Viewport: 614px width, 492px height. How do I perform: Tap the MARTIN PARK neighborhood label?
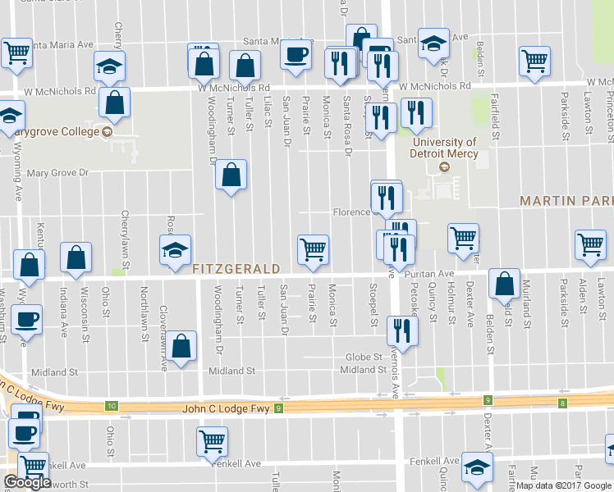click(566, 201)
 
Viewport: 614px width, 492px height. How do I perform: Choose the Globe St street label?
click(364, 357)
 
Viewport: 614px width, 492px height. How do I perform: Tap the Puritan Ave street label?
click(434, 274)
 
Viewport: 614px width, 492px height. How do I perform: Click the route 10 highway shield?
click(111, 406)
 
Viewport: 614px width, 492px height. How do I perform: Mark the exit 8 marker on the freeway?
click(563, 403)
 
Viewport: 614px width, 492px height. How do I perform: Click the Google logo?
click(27, 483)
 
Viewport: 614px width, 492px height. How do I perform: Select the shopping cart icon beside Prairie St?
click(313, 248)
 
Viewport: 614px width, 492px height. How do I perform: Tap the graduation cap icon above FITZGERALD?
click(175, 249)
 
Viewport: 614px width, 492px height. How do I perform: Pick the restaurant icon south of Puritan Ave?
click(402, 330)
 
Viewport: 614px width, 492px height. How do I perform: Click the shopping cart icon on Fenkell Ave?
click(212, 441)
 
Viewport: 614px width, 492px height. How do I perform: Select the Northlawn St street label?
click(144, 303)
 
